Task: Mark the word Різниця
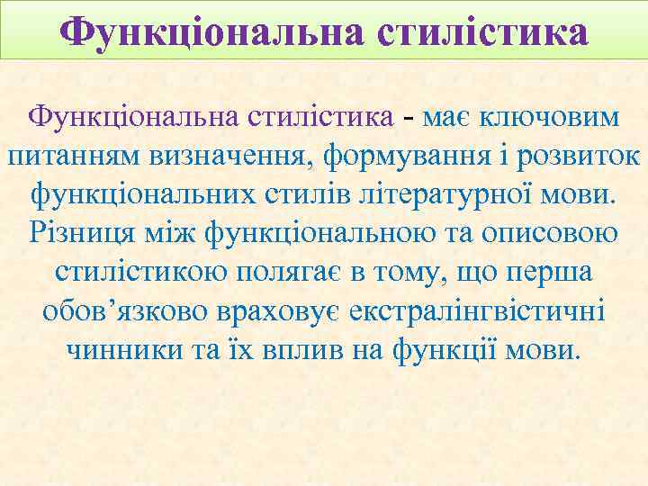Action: click(x=81, y=232)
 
